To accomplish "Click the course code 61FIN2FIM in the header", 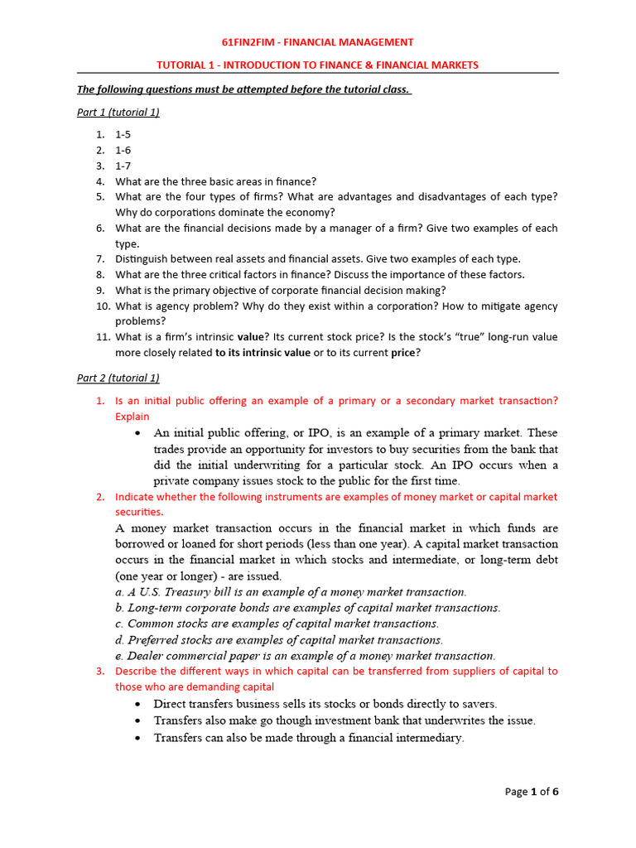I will [250, 42].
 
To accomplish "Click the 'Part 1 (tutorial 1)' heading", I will [118, 113].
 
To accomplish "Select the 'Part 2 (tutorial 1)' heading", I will [118, 378].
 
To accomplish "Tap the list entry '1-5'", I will [123, 134].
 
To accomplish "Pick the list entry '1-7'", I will [123, 166].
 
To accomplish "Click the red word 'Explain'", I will [132, 417].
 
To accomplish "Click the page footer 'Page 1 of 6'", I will [532, 792].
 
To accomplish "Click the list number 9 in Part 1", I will [99, 290].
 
